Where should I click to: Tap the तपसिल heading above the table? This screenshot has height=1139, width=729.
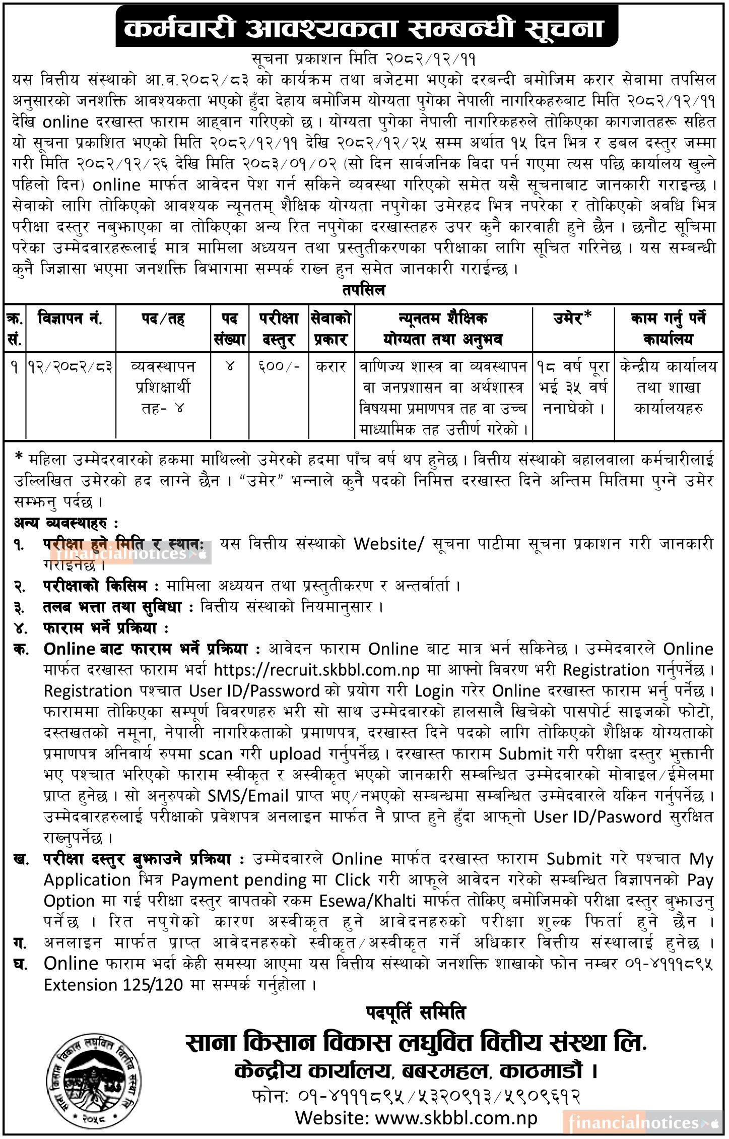tap(363, 291)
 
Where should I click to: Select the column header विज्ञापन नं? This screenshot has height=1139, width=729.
tap(71, 319)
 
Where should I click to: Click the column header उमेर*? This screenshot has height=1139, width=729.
tap(573, 319)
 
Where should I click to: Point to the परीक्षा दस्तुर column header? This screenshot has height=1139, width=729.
tap(279, 329)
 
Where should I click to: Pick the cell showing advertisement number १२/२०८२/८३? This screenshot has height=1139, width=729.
tap(71, 367)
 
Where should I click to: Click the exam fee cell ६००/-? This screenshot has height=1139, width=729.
tap(279, 367)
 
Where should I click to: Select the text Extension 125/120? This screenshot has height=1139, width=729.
tap(113, 984)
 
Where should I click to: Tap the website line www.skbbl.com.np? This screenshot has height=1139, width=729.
tap(416, 1118)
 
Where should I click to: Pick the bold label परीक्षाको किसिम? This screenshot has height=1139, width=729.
tap(95, 586)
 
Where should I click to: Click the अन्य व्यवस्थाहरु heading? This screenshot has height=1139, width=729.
tap(67, 523)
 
